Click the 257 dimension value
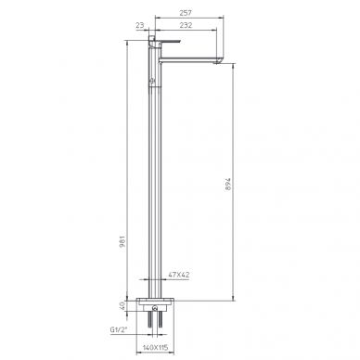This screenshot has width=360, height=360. (x=186, y=13)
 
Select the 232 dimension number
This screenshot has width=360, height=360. (x=186, y=25)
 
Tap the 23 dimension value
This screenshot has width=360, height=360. (x=140, y=25)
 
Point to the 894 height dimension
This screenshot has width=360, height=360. (x=228, y=184)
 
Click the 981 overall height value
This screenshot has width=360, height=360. (x=122, y=241)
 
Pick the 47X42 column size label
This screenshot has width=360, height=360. (x=179, y=275)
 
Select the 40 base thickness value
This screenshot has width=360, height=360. (x=122, y=306)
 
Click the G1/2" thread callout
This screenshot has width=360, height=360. (x=120, y=329)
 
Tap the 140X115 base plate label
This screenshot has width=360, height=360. (x=155, y=348)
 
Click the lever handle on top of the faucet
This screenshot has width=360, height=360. (x=165, y=41)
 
